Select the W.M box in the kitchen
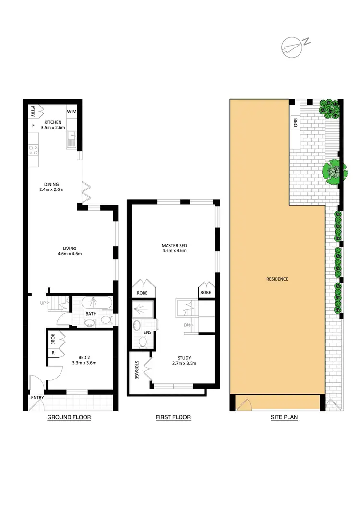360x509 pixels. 72,112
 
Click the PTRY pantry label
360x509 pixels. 33,110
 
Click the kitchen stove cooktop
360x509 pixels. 34,150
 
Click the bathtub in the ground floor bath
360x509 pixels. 96,303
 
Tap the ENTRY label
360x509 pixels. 37,398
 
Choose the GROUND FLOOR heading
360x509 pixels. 69,417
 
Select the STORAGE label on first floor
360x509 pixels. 137,369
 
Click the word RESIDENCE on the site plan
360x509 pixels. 277,279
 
